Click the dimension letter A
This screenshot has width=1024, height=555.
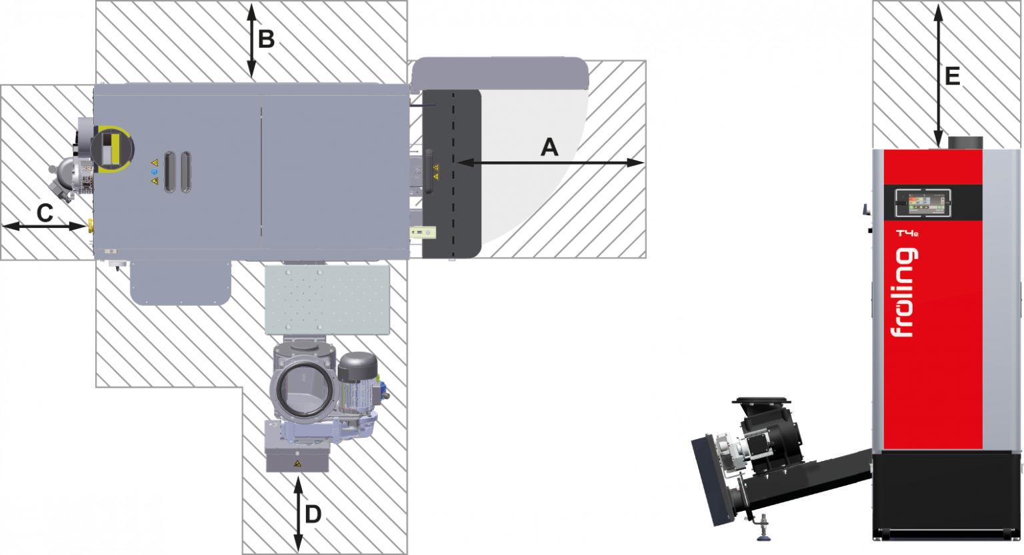coord(549,147)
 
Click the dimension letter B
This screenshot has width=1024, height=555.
coord(266,39)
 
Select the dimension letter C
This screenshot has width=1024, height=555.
coord(45,213)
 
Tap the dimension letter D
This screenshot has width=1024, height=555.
coord(313,514)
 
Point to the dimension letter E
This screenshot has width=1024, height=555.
coord(952,76)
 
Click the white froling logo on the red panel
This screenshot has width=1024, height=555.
coord(904,292)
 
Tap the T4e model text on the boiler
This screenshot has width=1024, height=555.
coord(907,233)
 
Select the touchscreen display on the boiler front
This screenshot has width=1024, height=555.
coord(923,203)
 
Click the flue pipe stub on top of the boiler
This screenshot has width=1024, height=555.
coord(965,143)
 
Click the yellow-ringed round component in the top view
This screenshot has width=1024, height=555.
coord(112,149)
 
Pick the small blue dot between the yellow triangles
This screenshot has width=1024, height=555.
coord(154,172)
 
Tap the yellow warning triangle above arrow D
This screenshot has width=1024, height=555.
coord(297,464)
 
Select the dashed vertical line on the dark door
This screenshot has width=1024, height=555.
coord(453,174)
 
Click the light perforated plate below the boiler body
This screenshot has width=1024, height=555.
coord(327,300)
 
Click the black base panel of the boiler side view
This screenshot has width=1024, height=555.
coord(946,495)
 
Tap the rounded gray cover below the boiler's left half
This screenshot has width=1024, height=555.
coord(181,282)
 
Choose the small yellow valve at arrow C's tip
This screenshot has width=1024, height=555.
coord(91,226)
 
